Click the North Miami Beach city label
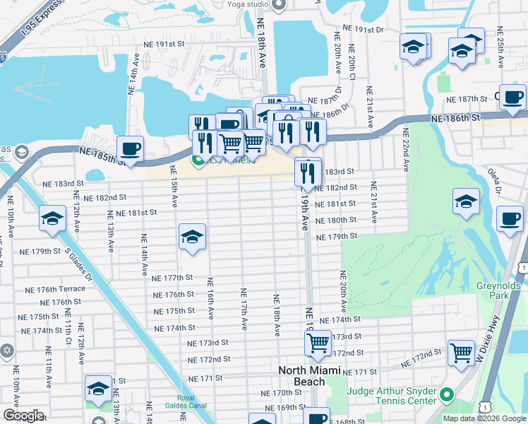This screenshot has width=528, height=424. (x=309, y=376)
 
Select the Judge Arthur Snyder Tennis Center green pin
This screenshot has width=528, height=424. (x=445, y=394)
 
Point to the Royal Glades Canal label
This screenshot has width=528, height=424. (x=186, y=401)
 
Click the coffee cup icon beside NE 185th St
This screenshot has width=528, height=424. (x=131, y=149)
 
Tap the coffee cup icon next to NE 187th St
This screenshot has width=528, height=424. (x=512, y=98)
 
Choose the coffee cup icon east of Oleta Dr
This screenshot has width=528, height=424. (x=510, y=218)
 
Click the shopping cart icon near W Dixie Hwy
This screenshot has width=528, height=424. (x=461, y=351)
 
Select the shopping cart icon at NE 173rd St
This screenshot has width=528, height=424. (x=318, y=344)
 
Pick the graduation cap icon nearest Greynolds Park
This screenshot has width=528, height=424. (x=466, y=201)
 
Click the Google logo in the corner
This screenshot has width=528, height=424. (x=23, y=416)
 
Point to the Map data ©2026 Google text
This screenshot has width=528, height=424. (x=484, y=418)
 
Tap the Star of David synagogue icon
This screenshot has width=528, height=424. (x=6, y=351)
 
